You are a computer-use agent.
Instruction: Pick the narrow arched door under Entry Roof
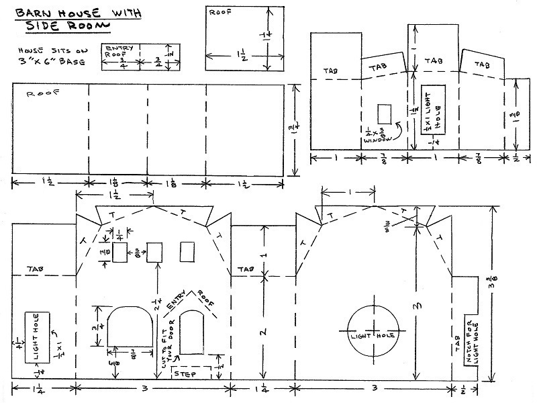[x=192, y=331]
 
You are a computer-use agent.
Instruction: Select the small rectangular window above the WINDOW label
[x=384, y=114]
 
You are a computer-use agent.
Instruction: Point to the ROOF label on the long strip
[x=38, y=95]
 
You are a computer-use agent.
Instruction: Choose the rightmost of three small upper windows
[x=188, y=252]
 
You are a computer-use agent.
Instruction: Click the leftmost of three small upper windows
[x=119, y=252]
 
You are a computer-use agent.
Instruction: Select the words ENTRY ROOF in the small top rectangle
[x=120, y=52]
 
